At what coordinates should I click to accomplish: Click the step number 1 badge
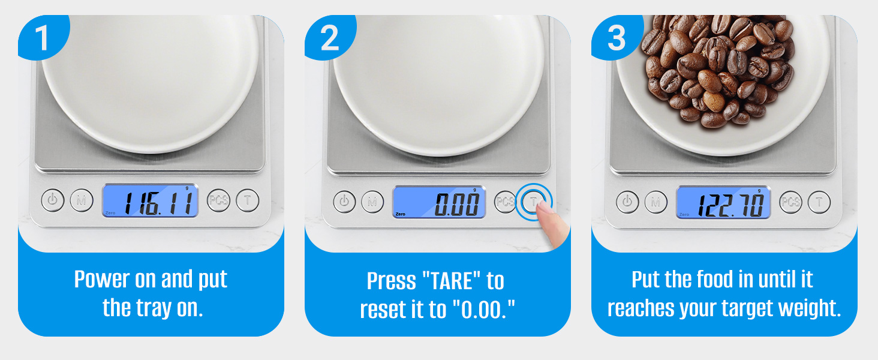[41, 38]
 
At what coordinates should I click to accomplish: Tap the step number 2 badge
[329, 38]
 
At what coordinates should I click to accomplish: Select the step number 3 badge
[617, 38]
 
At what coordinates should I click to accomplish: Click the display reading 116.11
[150, 200]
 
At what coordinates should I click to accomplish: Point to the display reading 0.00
[439, 202]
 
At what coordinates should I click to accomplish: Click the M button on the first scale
[82, 200]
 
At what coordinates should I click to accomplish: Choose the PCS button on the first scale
[219, 200]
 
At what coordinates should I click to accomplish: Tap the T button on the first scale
[247, 200]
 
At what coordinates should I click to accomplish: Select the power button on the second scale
[344, 202]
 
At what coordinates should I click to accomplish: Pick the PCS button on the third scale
[791, 202]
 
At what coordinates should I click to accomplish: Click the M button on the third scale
[656, 202]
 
